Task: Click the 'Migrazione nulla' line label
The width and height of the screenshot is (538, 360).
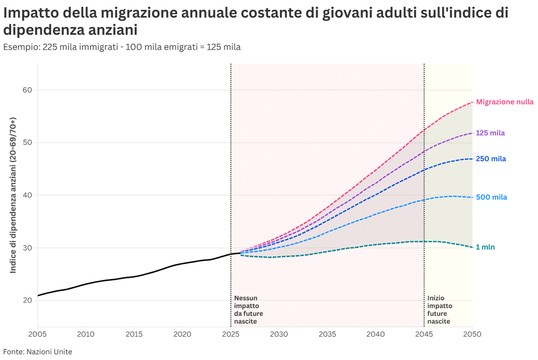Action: [505, 102]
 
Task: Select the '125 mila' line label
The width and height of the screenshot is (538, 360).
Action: [490, 133]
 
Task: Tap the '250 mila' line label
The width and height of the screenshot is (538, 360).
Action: [491, 159]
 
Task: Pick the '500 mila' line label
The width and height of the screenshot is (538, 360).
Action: [491, 198]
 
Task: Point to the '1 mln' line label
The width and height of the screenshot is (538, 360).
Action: [485, 247]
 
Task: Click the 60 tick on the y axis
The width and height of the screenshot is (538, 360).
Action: [27, 90]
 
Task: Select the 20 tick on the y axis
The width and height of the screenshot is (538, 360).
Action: [27, 300]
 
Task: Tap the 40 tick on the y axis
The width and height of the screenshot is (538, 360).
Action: [27, 195]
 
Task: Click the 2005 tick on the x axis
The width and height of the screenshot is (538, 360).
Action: [38, 334]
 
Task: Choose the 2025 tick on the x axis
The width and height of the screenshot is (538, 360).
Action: [231, 334]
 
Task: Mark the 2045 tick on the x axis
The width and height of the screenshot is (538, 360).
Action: [424, 334]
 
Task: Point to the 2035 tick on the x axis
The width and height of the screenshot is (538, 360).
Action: [327, 334]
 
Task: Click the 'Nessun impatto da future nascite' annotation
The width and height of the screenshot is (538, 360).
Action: [249, 310]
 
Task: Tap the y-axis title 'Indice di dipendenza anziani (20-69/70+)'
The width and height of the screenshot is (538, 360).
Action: [13, 195]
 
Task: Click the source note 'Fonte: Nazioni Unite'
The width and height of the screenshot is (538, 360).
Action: [38, 352]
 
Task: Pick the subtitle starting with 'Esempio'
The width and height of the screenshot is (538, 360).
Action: [122, 47]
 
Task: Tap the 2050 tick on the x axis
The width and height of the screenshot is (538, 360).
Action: [472, 334]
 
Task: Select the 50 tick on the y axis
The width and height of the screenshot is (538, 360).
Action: [27, 143]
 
